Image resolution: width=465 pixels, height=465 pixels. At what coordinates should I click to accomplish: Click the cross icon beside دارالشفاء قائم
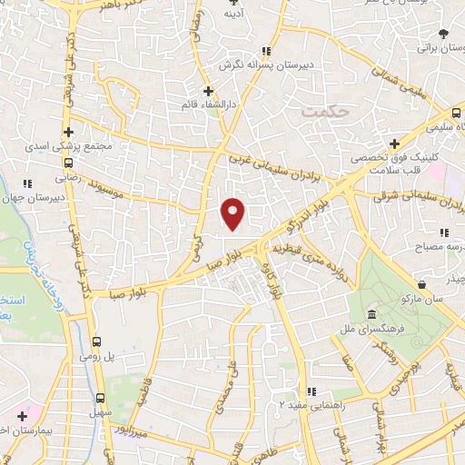coord(208,91)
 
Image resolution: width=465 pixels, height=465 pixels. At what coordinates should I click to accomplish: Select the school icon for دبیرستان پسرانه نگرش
coord(266,51)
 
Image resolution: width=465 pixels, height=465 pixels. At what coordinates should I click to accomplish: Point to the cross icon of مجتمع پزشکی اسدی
coord(68,131)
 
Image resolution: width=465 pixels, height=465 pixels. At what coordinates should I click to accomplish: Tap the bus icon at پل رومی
coord(96,342)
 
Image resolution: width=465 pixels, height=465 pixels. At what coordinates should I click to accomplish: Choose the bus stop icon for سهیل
coord(99,399)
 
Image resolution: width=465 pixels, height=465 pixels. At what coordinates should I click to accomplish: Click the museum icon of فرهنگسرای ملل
coord(371,314)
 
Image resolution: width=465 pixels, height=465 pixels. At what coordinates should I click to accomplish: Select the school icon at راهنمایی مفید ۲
coord(311,392)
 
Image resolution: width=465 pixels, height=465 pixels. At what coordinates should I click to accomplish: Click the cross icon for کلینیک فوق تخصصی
coord(394,143)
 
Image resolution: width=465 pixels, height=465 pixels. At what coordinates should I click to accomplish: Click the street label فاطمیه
coord(142,395)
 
